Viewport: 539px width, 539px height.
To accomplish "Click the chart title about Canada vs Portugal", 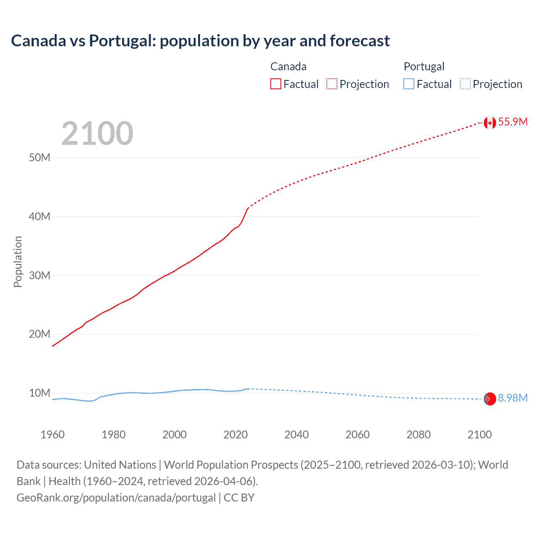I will [200, 41].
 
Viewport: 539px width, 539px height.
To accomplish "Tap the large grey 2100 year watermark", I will [97, 133].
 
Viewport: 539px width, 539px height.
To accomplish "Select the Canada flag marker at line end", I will [490, 123].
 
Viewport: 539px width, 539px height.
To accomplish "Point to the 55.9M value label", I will [512, 122].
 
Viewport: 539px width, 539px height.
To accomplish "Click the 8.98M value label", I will [512, 398].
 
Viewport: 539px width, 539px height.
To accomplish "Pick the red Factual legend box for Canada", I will [276, 84].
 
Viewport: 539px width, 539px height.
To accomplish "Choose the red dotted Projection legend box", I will [332, 84].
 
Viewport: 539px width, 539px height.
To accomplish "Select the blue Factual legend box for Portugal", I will [409, 84].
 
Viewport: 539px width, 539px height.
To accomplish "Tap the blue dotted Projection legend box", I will [465, 84].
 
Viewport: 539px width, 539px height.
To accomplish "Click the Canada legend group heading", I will [288, 67].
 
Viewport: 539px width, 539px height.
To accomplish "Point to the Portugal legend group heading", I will [424, 67].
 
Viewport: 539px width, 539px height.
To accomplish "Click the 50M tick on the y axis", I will [40, 158].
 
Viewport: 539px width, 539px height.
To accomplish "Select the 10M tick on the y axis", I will [40, 393].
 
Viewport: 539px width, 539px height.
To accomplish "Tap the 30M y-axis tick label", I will [40, 276].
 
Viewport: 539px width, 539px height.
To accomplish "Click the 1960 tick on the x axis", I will [53, 435].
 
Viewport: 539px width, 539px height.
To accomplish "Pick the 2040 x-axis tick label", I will [296, 435].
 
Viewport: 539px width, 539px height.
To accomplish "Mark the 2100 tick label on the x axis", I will [480, 435].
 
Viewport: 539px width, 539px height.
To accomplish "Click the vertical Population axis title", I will [18, 261].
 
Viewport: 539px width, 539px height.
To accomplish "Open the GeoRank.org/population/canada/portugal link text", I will [116, 498].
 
